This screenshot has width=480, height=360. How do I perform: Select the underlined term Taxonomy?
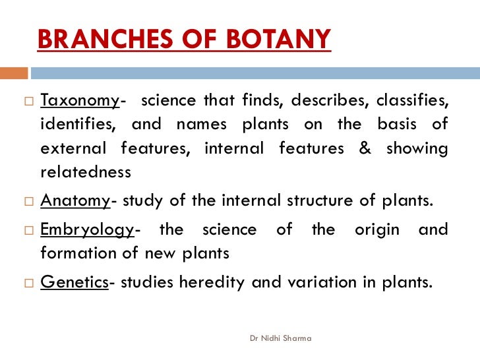[x=80, y=101]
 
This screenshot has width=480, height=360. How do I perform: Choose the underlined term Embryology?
[x=87, y=229]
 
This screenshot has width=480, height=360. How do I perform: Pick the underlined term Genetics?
[x=74, y=282]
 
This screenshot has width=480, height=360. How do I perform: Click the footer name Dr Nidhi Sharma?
[x=281, y=338]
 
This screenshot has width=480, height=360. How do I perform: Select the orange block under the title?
[x=14, y=73]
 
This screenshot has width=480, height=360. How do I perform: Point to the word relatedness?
[x=86, y=172]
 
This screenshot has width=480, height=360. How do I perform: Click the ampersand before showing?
[x=365, y=148]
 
